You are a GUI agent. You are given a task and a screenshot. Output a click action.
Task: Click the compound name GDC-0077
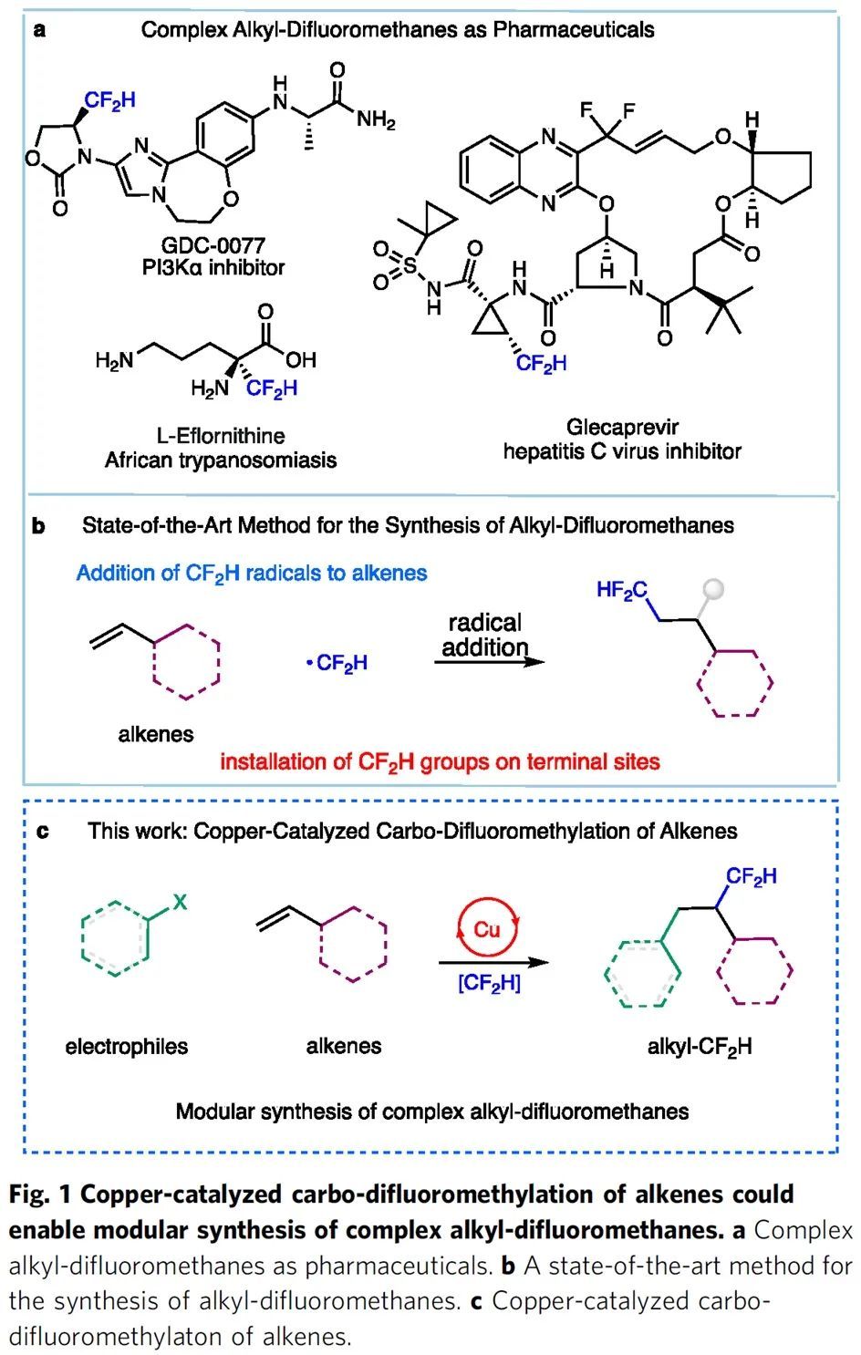[x=213, y=245]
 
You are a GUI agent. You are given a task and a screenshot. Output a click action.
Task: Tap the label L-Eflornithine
[x=220, y=436]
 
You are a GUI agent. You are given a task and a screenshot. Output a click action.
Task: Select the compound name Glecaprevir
[x=622, y=427]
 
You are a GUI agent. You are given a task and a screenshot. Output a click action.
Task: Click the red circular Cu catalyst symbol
[x=486, y=928]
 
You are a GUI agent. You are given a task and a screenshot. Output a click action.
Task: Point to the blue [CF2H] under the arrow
[x=489, y=983]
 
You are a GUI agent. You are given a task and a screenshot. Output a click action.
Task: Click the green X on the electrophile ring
[x=181, y=902]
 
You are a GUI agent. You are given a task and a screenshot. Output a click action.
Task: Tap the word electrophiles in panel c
[x=127, y=1046]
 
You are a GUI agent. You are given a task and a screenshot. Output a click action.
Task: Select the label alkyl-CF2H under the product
[x=700, y=1046]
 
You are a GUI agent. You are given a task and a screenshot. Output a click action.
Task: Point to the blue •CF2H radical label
[x=337, y=664]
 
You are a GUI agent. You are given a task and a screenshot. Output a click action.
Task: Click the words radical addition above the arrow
[x=484, y=635]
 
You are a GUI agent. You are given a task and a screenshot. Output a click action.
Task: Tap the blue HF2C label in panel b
[x=622, y=590]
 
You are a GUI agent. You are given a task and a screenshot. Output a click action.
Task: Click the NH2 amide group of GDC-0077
[x=376, y=120]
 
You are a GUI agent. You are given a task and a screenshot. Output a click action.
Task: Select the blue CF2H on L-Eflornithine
[x=271, y=389]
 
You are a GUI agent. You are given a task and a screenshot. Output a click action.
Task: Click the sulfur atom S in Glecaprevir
[x=410, y=266]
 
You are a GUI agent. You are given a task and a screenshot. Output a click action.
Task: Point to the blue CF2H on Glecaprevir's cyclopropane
[x=541, y=364]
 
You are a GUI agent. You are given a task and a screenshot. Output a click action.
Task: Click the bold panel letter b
[x=37, y=526]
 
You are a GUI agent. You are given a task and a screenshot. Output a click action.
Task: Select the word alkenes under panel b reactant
[x=156, y=734]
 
